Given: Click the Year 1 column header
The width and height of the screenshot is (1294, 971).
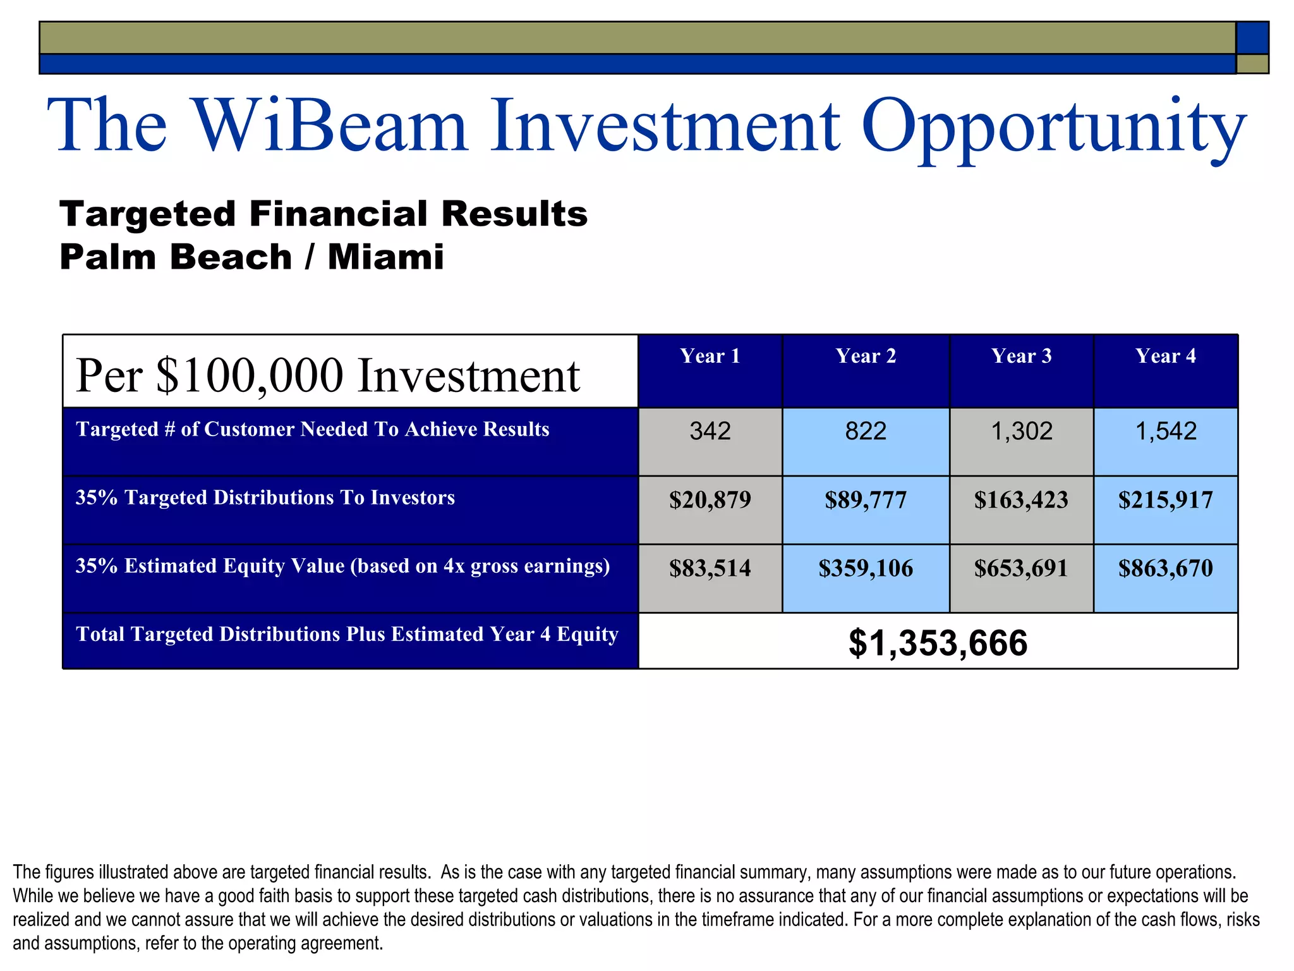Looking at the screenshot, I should (710, 356).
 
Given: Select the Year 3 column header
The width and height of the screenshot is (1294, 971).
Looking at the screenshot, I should (1021, 356).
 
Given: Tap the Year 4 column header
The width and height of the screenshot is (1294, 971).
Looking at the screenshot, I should (1165, 356).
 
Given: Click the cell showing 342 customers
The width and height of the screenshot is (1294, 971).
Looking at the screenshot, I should (710, 432).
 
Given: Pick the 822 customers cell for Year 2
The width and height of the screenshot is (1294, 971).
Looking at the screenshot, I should (866, 432).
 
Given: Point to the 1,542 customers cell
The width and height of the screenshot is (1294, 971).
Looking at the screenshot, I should (1165, 432).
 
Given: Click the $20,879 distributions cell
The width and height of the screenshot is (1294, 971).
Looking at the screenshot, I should (710, 500).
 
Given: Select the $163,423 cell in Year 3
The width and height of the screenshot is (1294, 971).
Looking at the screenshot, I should (1021, 500).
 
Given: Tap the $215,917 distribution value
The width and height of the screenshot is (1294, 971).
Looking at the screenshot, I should (1165, 500).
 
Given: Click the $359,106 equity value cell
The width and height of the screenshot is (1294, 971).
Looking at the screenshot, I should (866, 568).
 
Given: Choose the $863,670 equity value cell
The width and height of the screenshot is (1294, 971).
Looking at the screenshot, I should (1165, 568).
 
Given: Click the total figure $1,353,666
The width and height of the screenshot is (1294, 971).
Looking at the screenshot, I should (938, 643).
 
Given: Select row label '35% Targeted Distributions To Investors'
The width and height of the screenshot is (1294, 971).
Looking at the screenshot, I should (265, 498).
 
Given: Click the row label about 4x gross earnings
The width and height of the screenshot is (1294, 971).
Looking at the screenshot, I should (342, 566).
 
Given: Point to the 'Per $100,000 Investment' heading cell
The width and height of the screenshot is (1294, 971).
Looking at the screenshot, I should (327, 376).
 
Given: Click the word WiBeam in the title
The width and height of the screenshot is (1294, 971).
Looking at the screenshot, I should (329, 125).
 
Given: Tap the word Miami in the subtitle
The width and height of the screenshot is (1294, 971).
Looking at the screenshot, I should (385, 257).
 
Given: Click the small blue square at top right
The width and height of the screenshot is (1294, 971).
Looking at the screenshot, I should (1252, 37).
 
